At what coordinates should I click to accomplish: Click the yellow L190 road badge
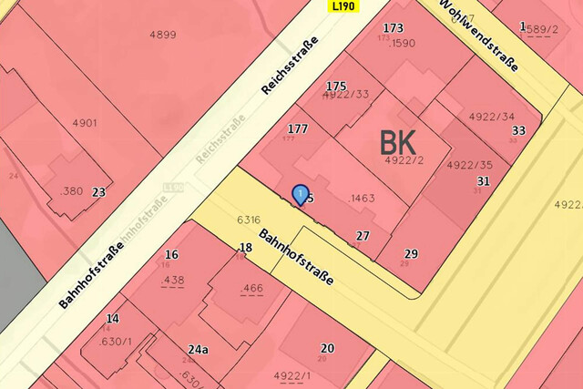click(x=343, y=5)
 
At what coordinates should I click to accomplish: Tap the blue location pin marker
click(x=300, y=194)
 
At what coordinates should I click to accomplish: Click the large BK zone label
click(x=398, y=142)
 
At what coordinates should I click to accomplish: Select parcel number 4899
click(x=163, y=35)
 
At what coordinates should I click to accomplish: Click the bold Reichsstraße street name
click(x=290, y=67)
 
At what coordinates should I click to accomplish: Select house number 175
click(x=336, y=86)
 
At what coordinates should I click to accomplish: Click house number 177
click(x=297, y=128)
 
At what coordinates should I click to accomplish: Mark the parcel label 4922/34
click(x=491, y=117)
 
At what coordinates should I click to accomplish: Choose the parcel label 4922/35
click(x=469, y=165)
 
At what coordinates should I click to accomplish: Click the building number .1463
click(x=362, y=198)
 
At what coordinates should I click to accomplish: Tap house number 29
click(x=411, y=253)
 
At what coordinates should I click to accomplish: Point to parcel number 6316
click(x=249, y=220)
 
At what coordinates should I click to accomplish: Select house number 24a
click(x=199, y=348)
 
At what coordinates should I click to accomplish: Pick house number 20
click(x=327, y=348)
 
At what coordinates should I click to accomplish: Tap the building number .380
click(x=71, y=191)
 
